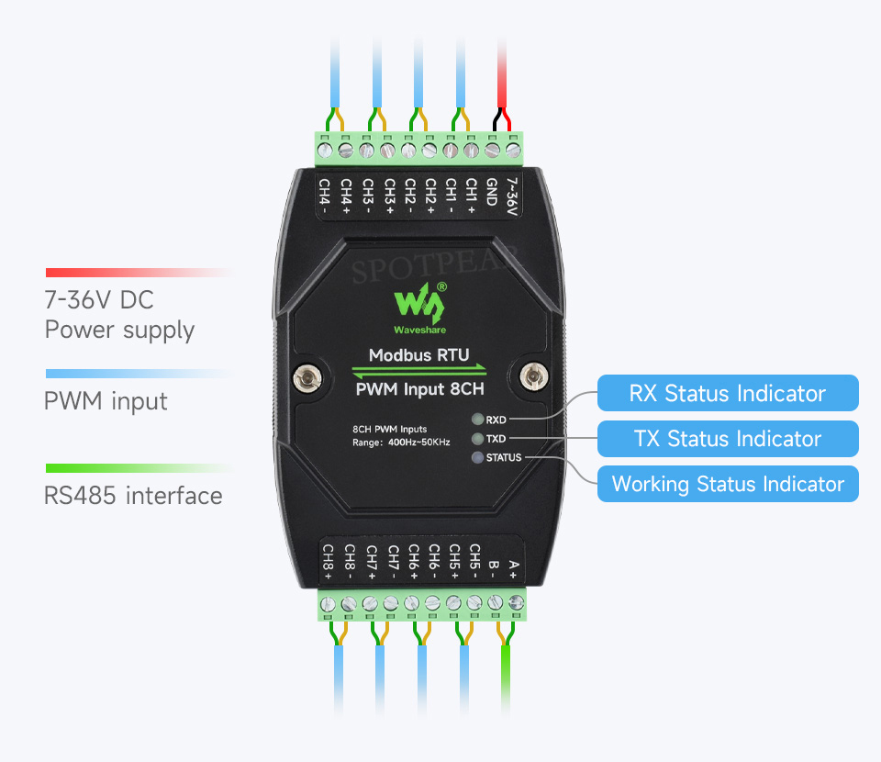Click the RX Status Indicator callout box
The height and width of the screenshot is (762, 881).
pyautogui.click(x=728, y=393)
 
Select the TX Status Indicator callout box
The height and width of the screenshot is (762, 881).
pyautogui.click(x=728, y=438)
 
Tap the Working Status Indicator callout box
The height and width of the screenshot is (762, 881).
pyautogui.click(x=728, y=484)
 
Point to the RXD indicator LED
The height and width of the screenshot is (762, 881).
pyautogui.click(x=477, y=420)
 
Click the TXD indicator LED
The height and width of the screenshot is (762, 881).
pyautogui.click(x=477, y=438)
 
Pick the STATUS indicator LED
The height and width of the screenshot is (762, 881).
pyautogui.click(x=477, y=457)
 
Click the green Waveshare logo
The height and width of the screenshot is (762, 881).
pyautogui.click(x=420, y=308)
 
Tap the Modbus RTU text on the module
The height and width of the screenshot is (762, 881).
pyautogui.click(x=418, y=355)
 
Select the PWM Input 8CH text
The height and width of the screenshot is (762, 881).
pyautogui.click(x=419, y=389)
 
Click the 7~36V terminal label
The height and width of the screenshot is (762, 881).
pyautogui.click(x=512, y=196)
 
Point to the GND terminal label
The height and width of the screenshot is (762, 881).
pyautogui.click(x=492, y=192)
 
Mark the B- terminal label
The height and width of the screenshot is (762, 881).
pyautogui.click(x=493, y=568)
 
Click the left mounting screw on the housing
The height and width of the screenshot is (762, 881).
pyautogui.click(x=307, y=378)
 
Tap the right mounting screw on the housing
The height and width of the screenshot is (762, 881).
pyautogui.click(x=533, y=375)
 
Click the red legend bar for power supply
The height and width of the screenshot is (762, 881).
pyautogui.click(x=139, y=273)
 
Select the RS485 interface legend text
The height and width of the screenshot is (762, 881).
pyautogui.click(x=133, y=496)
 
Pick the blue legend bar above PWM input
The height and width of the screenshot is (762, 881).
pyautogui.click(x=139, y=374)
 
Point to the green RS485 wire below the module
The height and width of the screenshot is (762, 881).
pyautogui.click(x=505, y=681)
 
